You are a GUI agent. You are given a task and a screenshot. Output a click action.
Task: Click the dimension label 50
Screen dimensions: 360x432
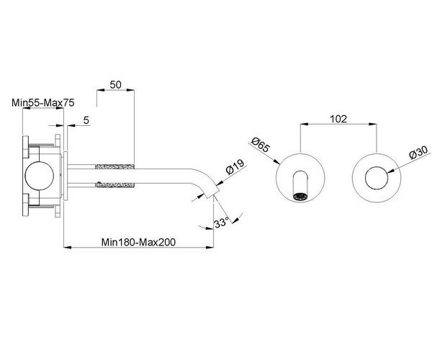tap(115, 84)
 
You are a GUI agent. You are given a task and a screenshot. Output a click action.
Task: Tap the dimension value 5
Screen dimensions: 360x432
tap(86, 120)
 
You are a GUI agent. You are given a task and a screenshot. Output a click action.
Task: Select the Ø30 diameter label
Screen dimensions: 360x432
tap(418, 153)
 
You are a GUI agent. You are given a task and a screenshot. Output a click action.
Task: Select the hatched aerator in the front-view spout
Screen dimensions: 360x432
tap(300, 194)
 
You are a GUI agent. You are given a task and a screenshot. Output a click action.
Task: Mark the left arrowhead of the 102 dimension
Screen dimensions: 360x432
tap(300, 130)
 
